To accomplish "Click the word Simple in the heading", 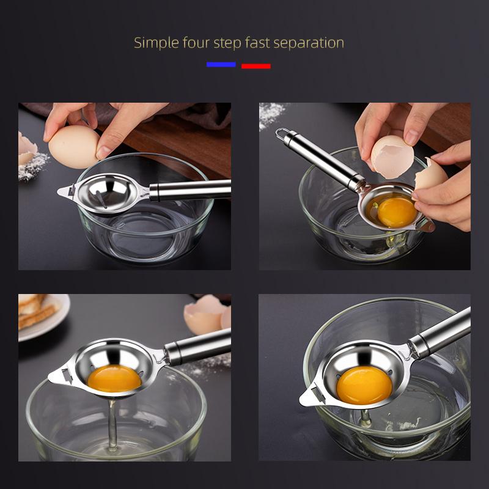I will tap(155, 43).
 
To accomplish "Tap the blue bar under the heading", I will tap(221, 64).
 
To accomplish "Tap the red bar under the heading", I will tap(256, 65).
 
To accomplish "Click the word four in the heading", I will tap(196, 43).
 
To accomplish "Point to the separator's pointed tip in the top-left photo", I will tap(61, 194).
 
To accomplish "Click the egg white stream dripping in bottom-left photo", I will tap(112, 422).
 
